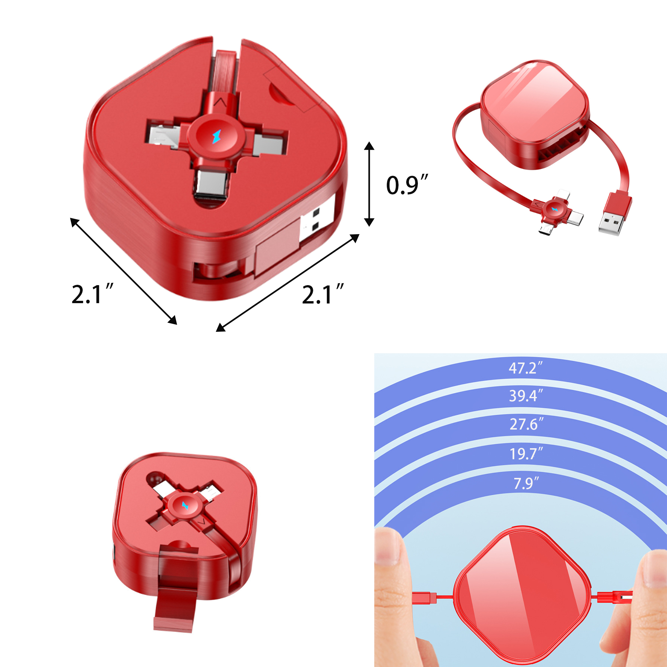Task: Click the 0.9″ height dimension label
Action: [x=406, y=185]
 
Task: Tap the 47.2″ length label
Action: [x=526, y=369]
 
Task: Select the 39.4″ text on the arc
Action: [x=526, y=396]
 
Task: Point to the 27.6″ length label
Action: [x=526, y=424]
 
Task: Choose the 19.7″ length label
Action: [x=526, y=454]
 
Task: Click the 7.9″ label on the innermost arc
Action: [x=526, y=483]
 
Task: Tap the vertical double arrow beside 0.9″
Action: [x=369, y=184]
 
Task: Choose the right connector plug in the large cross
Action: [x=266, y=143]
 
